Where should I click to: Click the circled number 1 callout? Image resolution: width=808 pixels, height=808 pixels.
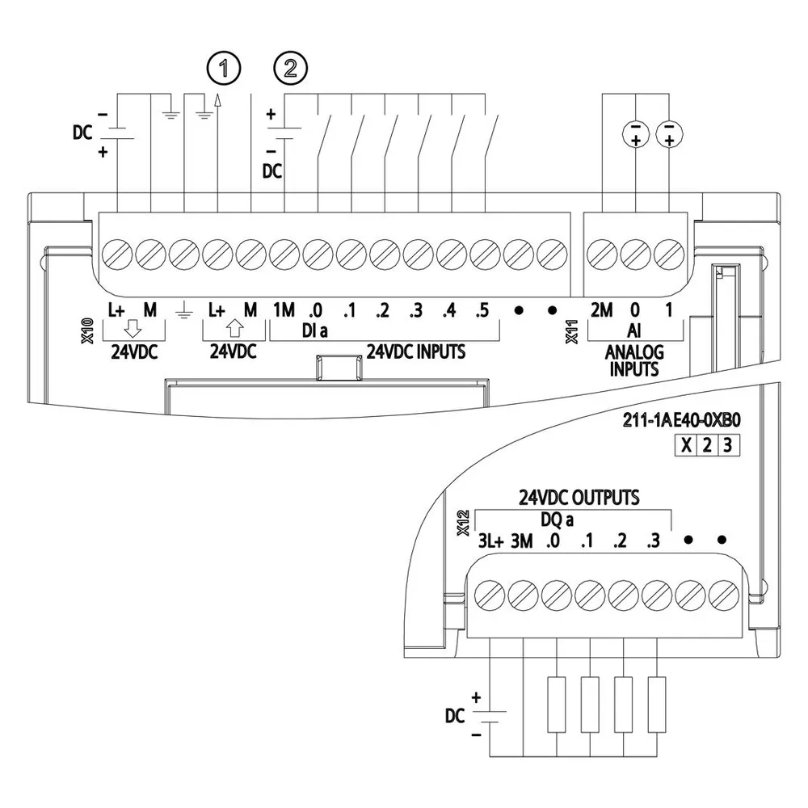(x=224, y=69)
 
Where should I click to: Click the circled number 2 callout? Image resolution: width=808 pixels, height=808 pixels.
(x=291, y=69)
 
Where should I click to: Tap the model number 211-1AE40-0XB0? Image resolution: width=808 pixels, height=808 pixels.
(x=682, y=420)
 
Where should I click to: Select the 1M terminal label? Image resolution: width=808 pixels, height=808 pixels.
(x=284, y=310)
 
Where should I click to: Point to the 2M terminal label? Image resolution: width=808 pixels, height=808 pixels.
(x=601, y=310)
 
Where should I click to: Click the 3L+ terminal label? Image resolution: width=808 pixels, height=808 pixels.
(x=490, y=541)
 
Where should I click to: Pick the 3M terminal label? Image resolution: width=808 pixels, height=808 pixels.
(x=522, y=541)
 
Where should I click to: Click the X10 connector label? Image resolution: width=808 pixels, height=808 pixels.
(x=87, y=330)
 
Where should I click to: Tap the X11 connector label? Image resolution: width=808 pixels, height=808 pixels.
(x=571, y=331)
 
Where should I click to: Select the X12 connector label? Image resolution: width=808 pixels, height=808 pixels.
(x=463, y=523)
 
